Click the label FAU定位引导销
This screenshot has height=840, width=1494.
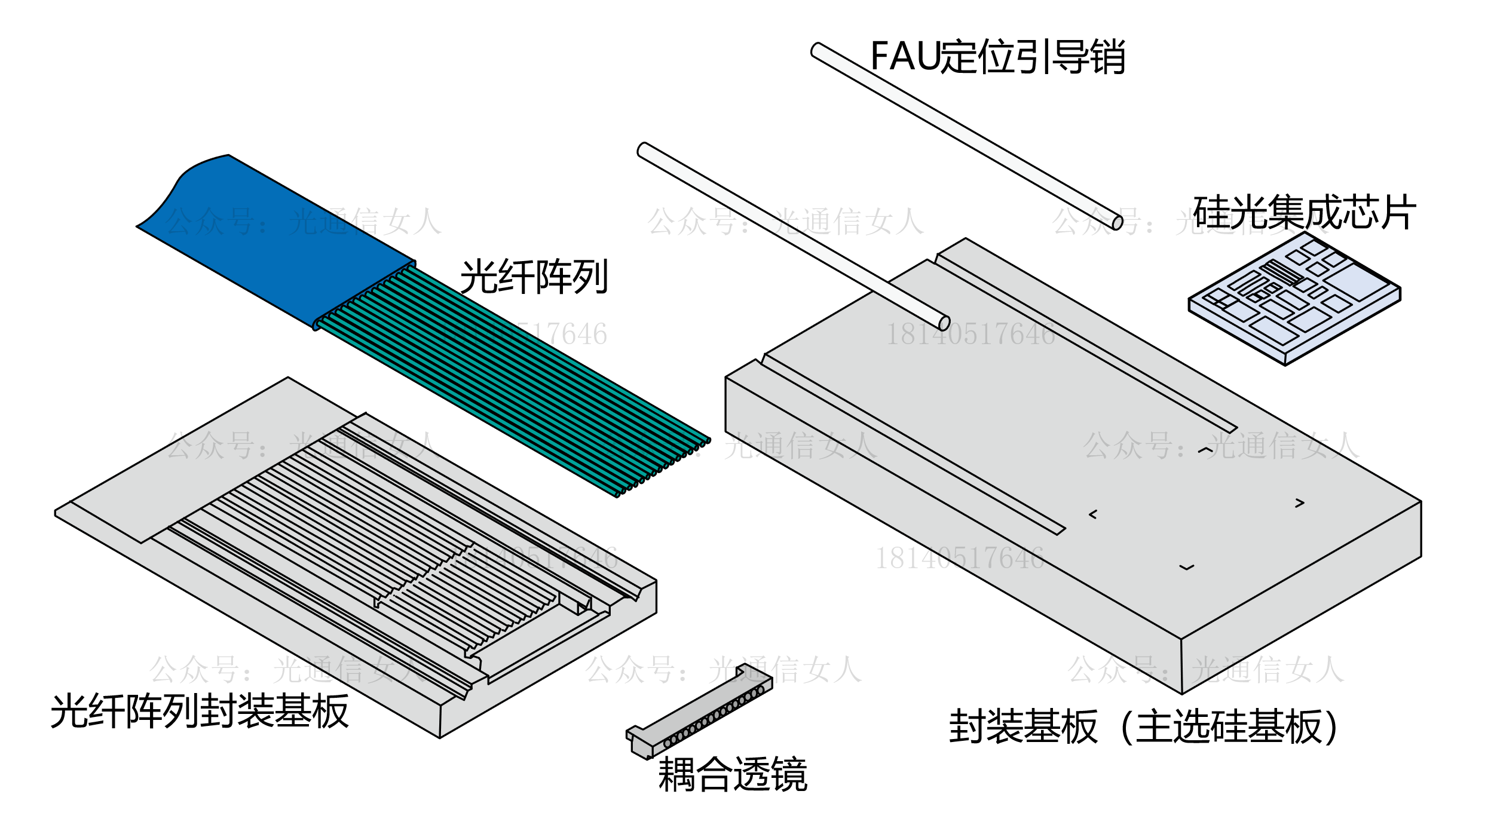[x=997, y=57]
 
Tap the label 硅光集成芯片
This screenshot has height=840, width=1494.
[x=1303, y=212]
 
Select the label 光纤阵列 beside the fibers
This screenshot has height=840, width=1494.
[x=534, y=277]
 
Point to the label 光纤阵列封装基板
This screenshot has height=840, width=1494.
[x=200, y=711]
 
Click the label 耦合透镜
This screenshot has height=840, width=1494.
[x=733, y=774]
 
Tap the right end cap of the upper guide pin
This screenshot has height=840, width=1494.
[x=1117, y=223]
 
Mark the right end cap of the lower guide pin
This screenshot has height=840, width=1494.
[x=944, y=323]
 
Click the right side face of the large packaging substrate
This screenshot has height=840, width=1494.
[x=1303, y=597]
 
